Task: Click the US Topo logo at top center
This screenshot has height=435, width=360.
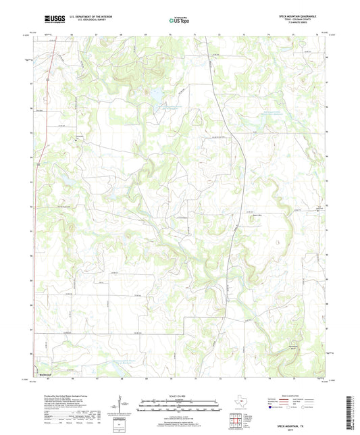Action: pos(179,20)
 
